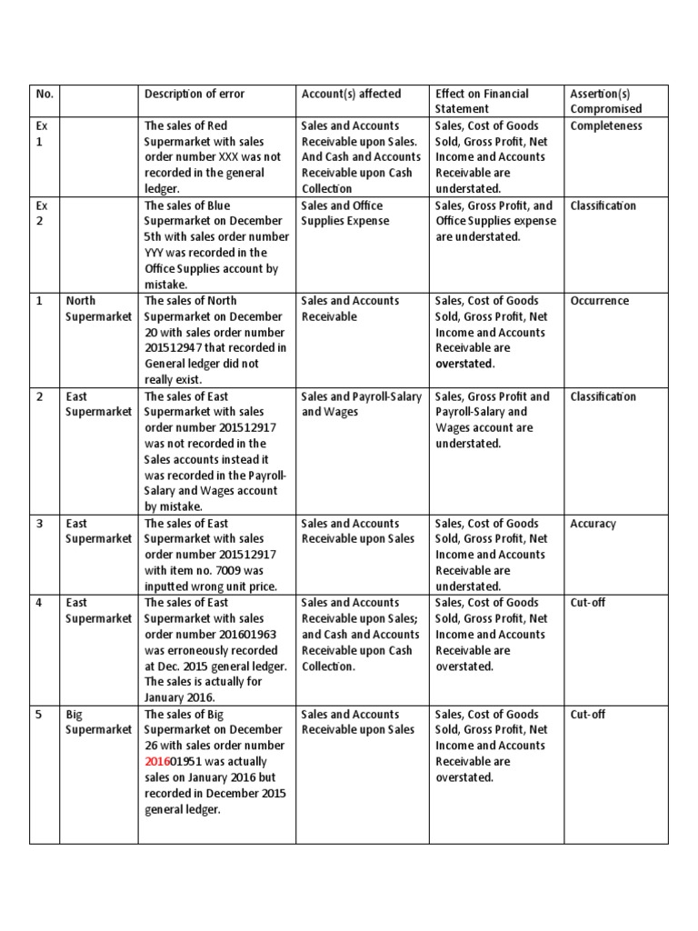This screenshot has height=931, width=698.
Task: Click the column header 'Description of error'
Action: [x=194, y=94]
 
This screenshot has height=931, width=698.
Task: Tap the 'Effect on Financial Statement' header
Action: [x=482, y=101]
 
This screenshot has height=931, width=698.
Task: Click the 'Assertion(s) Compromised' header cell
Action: [x=605, y=101]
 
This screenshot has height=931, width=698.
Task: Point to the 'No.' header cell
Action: [x=44, y=94]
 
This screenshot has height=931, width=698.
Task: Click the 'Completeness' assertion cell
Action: [x=606, y=125]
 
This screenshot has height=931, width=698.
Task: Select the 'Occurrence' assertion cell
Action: [x=599, y=301]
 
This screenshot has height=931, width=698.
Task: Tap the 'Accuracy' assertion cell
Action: [x=593, y=524]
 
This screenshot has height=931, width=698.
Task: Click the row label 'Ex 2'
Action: [x=42, y=214]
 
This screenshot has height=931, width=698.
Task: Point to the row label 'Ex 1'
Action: [x=42, y=134]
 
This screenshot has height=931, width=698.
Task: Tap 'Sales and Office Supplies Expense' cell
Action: [x=345, y=214]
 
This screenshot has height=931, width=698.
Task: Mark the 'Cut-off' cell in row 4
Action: [x=587, y=603]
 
